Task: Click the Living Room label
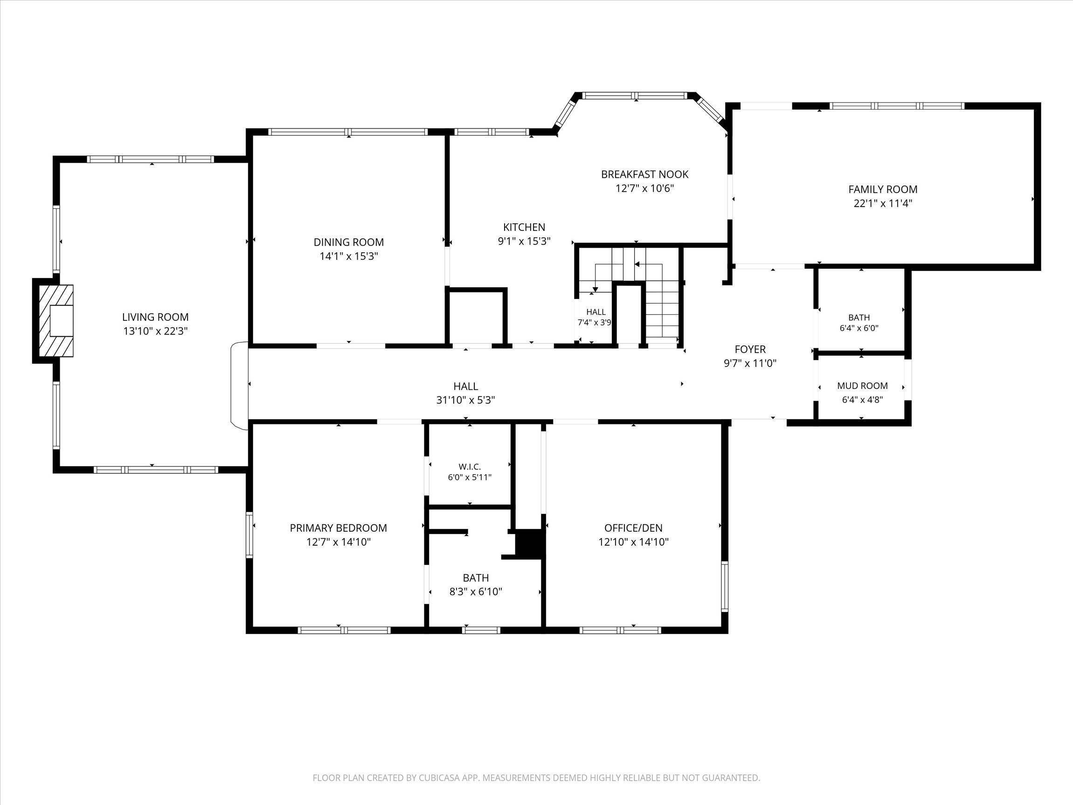coord(155,317)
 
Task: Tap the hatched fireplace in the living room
coord(56,321)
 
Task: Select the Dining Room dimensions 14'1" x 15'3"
coord(349,256)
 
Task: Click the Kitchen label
coord(524,227)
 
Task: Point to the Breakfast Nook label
coord(644,174)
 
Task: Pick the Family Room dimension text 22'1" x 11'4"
coord(883,203)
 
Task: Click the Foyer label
coord(750,349)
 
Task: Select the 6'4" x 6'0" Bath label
coord(859,323)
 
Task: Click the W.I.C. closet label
coord(470,467)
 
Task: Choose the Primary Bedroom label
coord(339,528)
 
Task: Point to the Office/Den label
coord(634,528)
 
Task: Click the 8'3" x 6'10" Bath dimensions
coord(476,592)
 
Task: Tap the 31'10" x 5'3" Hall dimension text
coord(466,400)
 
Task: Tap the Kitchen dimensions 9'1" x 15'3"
coord(524,241)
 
